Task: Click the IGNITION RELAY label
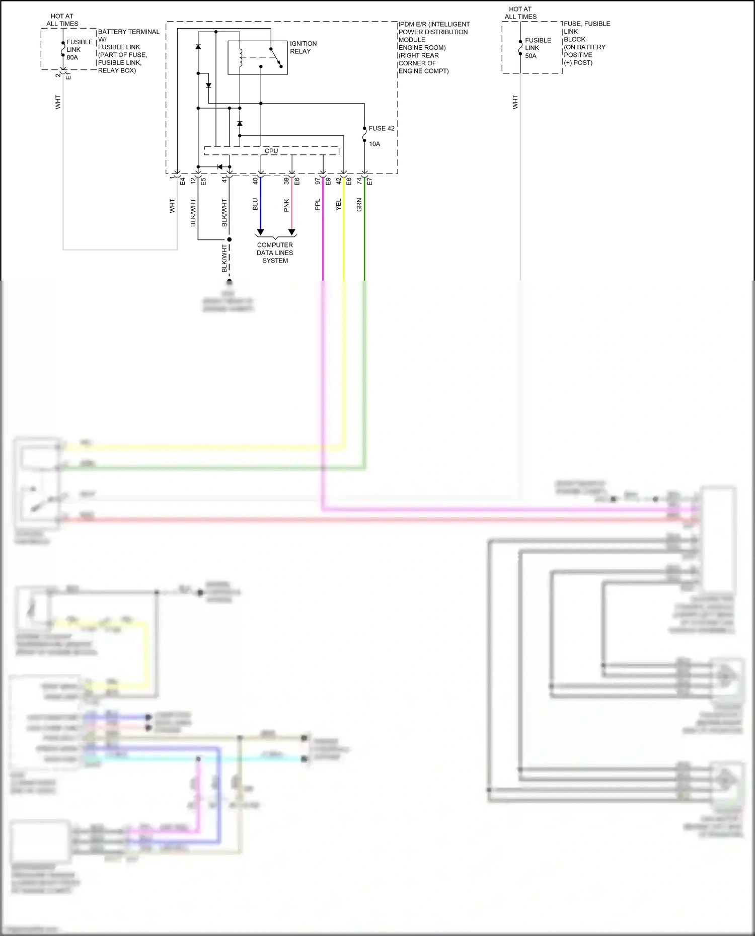[303, 47]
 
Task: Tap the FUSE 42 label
[381, 128]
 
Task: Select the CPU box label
[271, 151]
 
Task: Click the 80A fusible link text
[72, 57]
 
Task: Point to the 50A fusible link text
[531, 56]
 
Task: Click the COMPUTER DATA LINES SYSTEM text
[275, 252]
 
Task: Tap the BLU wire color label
[255, 204]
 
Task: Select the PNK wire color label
[286, 205]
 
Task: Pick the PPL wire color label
[318, 204]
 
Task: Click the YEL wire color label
[338, 204]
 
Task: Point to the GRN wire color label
[359, 204]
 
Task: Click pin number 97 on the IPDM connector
[318, 181]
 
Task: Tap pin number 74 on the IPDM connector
[359, 181]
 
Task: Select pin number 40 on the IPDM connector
[255, 181]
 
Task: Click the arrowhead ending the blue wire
[260, 232]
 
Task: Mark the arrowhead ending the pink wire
[291, 232]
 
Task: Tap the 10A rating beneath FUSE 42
[374, 144]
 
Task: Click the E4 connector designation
[183, 181]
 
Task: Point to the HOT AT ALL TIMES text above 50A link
[520, 13]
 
